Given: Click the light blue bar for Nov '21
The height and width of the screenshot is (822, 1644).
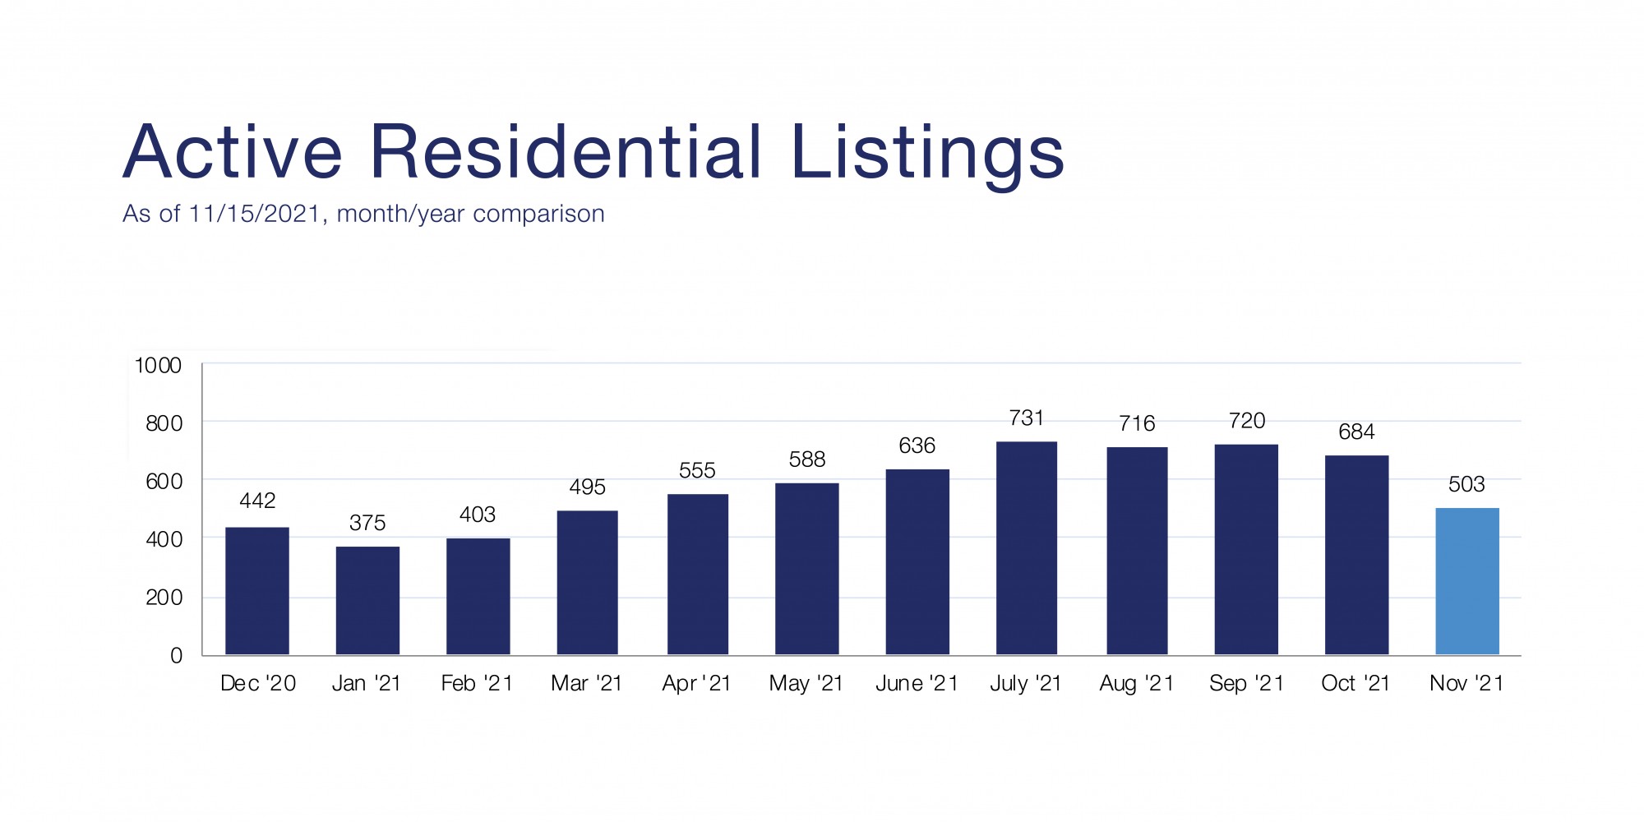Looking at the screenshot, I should [x=1467, y=581].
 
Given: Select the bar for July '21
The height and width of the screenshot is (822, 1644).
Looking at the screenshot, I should [x=1027, y=548].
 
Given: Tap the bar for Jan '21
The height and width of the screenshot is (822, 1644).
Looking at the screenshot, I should [x=367, y=601].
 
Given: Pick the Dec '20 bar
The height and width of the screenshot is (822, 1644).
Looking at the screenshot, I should [x=257, y=591].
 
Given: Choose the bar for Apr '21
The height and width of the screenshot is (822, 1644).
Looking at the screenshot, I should [x=698, y=575].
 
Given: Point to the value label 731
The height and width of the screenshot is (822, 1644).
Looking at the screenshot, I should [x=1027, y=418].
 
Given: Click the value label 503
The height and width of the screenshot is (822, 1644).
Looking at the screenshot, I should [x=1466, y=484].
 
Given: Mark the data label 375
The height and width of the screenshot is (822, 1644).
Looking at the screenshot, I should [x=367, y=523].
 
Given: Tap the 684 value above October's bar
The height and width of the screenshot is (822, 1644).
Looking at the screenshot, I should [x=1356, y=432].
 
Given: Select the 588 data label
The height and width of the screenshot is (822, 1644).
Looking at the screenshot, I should [x=807, y=459].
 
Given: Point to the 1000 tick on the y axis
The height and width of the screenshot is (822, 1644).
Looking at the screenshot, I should [x=158, y=366].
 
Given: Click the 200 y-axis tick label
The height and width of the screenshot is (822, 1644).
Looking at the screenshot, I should [x=164, y=598].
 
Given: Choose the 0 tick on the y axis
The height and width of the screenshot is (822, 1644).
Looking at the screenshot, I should [x=176, y=656].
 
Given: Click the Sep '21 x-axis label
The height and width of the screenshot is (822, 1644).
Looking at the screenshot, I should [x=1246, y=683].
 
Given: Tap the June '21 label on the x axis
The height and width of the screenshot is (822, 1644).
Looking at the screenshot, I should [x=917, y=683].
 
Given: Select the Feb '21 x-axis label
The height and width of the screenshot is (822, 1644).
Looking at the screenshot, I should [x=477, y=683].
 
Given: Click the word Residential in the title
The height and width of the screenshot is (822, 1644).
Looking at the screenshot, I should [x=566, y=152].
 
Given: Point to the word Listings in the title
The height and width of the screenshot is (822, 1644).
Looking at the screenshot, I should [x=927, y=154].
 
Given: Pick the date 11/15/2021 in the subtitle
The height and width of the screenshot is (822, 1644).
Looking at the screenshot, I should [x=253, y=214].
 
